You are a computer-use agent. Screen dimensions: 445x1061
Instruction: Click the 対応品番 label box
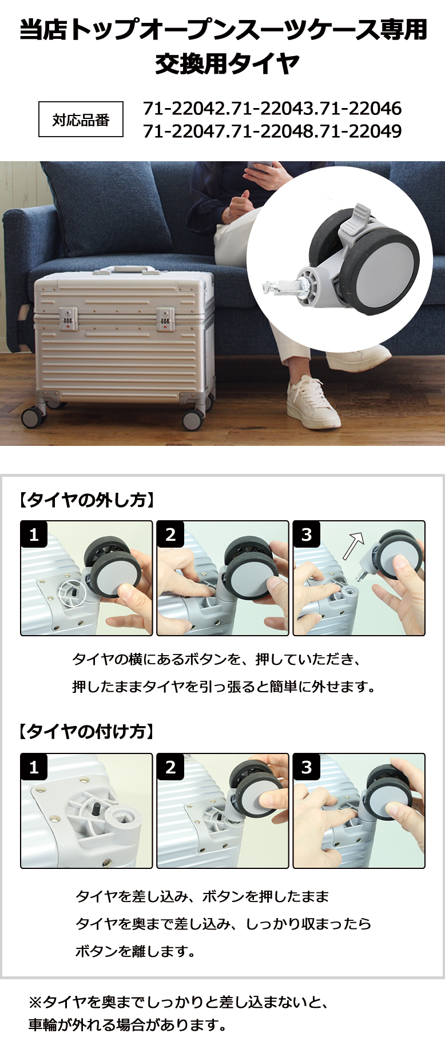point(81,119)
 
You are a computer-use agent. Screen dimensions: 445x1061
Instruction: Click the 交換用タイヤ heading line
point(227,63)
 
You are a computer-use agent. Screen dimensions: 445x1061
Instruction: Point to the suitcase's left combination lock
point(69,318)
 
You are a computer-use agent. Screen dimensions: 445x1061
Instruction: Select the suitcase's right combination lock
point(165,318)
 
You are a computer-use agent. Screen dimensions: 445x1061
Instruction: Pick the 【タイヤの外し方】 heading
point(86,500)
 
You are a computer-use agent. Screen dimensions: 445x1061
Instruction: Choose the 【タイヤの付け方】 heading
point(86,731)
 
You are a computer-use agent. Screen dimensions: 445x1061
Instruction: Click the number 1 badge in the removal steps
point(34,535)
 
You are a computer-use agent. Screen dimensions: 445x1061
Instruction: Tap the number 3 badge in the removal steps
point(307,535)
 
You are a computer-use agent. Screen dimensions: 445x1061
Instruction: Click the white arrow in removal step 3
point(353,545)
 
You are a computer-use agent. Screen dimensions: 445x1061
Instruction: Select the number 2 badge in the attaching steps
point(170,767)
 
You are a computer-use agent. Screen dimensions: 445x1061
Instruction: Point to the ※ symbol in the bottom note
point(35,1002)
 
